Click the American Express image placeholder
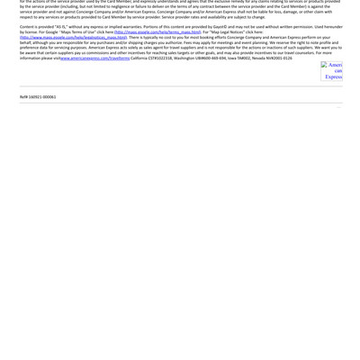[332, 71]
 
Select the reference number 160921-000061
[38, 97]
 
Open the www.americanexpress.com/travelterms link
[95, 58]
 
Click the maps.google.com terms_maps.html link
[157, 32]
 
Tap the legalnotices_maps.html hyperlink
[74, 38]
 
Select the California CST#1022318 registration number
[158, 58]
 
